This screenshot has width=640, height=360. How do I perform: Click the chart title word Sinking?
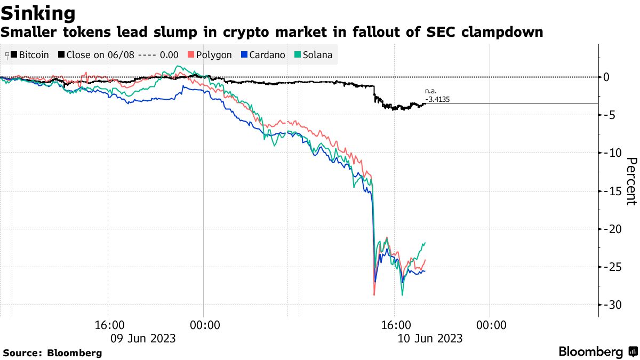[38, 13]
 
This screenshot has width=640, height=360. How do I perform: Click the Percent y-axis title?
[631, 181]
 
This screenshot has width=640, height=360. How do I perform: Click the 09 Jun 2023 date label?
[142, 338]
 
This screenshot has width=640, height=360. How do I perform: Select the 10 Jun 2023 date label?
[430, 338]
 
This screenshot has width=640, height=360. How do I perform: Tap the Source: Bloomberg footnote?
[52, 353]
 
